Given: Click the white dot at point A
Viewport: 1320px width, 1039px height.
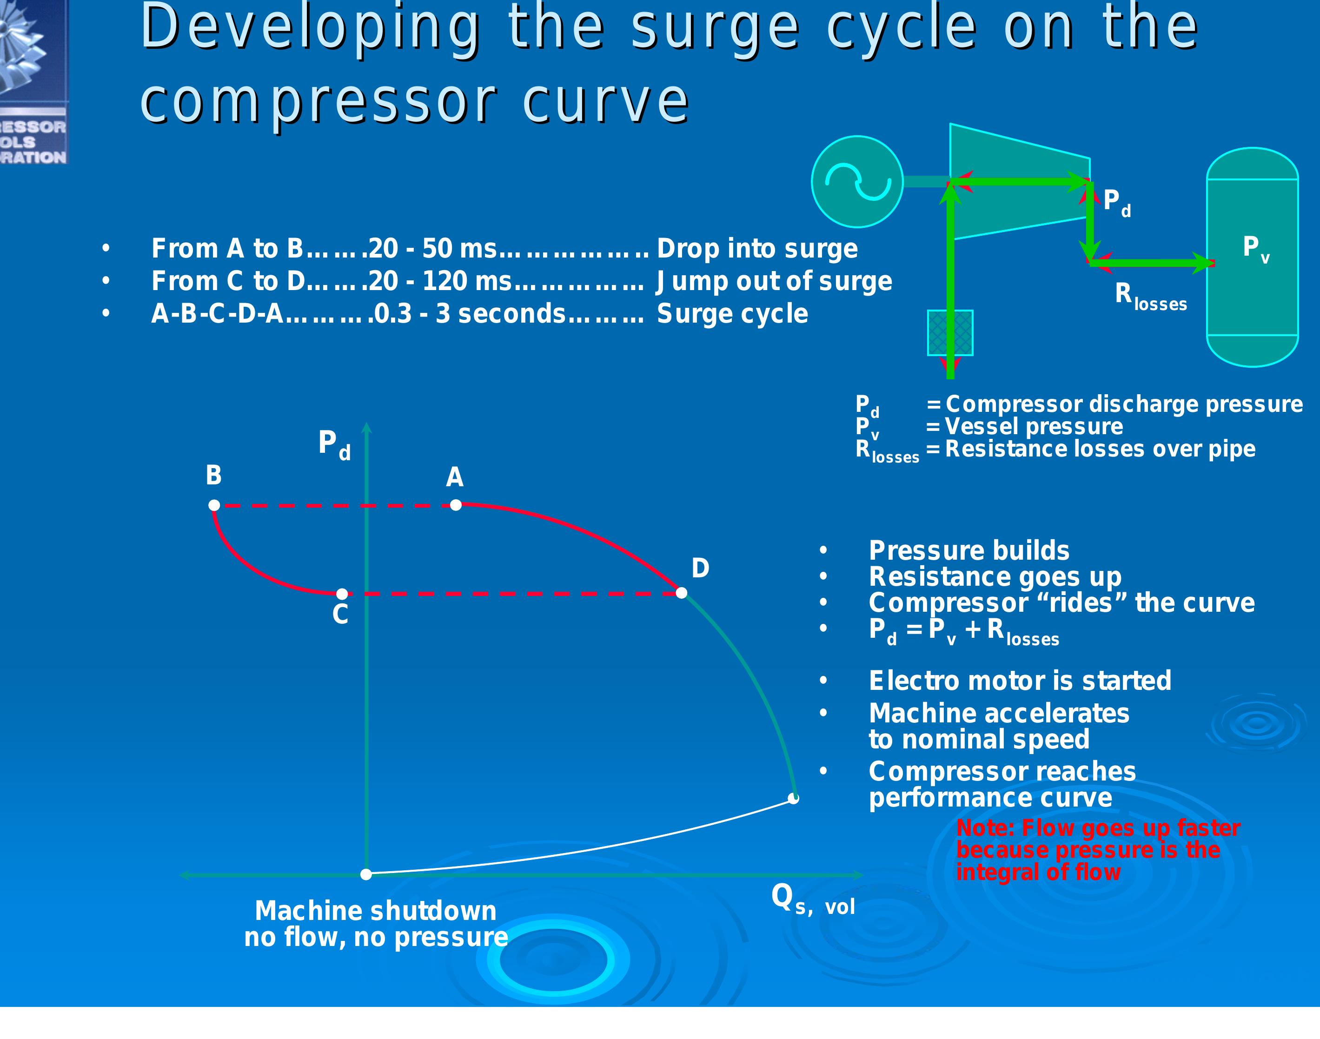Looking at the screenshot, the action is coord(456,504).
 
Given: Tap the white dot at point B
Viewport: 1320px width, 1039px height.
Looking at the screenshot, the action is coord(214,505).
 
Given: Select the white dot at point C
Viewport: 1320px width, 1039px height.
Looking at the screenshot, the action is coord(343,593).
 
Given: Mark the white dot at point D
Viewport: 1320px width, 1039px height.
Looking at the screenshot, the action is coord(682,593).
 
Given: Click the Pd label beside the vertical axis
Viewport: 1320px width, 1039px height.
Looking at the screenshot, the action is coord(334,445).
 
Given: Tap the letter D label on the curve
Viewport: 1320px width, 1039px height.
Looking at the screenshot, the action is coord(700,568).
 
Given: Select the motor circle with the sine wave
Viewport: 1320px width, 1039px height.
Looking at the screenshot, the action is coord(857,181).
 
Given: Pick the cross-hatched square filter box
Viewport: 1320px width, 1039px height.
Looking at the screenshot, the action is coord(950,333).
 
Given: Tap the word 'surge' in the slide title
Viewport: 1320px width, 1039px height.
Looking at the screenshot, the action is coord(715,29).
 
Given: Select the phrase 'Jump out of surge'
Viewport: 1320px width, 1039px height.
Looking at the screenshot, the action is coord(774,282).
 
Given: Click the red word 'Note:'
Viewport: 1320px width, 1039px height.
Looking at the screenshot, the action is coord(986,828).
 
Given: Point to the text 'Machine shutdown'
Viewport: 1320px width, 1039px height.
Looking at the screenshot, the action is coord(375,911).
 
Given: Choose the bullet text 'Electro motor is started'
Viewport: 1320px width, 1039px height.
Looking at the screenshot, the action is coord(1020,680).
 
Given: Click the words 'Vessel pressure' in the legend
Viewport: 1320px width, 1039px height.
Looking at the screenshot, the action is coord(1034,426).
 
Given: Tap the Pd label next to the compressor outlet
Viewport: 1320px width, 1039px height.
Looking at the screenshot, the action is coord(1117,203).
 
